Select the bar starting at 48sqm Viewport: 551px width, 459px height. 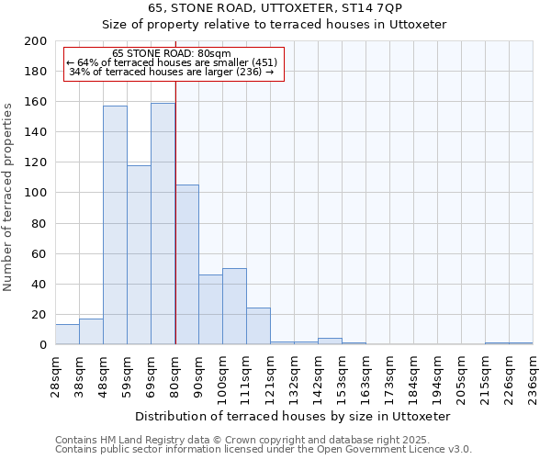coord(115,225)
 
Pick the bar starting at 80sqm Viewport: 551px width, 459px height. coord(186,264)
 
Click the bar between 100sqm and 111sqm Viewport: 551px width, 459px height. coord(234,306)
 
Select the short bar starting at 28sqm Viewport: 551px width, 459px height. coord(67,334)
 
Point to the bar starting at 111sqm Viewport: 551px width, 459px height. coord(258,326)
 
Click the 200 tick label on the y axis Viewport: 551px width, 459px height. coord(36,41)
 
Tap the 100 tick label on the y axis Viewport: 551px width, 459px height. coord(36,193)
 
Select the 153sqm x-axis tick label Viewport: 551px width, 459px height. coord(342,375)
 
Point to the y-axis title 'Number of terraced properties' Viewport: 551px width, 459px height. coord(8,196)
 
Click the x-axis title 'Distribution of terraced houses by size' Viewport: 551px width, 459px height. coord(298,416)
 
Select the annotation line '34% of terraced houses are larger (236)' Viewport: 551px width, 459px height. coord(172,72)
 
